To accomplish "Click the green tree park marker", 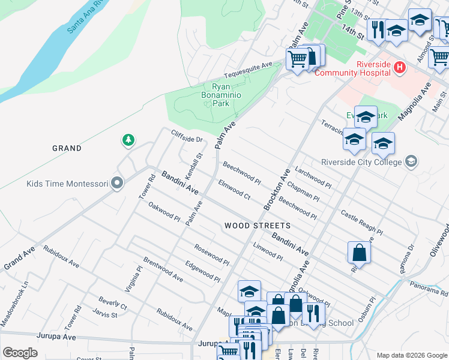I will click(x=128, y=140).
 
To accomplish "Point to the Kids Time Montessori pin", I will click(x=117, y=184).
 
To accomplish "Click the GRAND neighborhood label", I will click(x=67, y=148).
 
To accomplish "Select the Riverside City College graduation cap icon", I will click(x=411, y=161).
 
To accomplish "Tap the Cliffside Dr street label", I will click(x=188, y=137).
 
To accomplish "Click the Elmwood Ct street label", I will click(x=234, y=190).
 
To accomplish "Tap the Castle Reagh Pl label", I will click(x=361, y=221).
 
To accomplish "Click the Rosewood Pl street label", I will click(x=211, y=254).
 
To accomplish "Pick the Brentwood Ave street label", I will click(x=163, y=270).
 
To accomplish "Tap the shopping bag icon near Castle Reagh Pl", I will click(x=358, y=253).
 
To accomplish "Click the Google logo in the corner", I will click(x=20, y=353).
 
